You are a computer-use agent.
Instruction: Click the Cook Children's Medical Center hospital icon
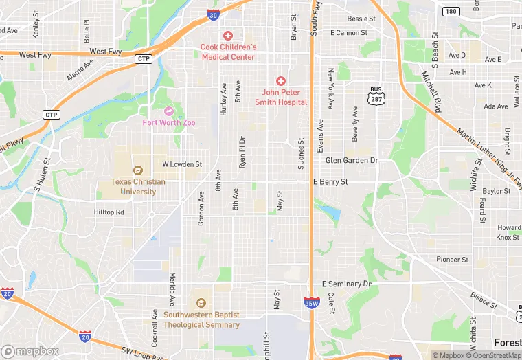pyautogui.click(x=228, y=36)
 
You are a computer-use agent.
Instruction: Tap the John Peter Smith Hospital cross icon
pyautogui.click(x=281, y=81)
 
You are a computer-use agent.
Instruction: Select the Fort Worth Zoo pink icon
pyautogui.click(x=169, y=111)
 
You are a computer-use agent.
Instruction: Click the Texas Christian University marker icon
pyautogui.click(x=137, y=170)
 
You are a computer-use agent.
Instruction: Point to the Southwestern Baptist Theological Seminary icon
pyautogui.click(x=201, y=302)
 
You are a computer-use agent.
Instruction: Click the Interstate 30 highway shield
pyautogui.click(x=213, y=15)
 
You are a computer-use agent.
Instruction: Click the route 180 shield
pyautogui.click(x=451, y=11)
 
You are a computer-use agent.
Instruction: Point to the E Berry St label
pyautogui.click(x=330, y=182)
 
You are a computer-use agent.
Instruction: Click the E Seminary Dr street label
pyautogui.click(x=346, y=284)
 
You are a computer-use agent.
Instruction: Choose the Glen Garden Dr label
pyautogui.click(x=352, y=160)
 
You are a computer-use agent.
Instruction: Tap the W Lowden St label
pyautogui.click(x=181, y=165)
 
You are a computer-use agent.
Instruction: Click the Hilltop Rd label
pyautogui.click(x=109, y=212)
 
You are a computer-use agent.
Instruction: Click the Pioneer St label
pyautogui.click(x=452, y=260)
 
